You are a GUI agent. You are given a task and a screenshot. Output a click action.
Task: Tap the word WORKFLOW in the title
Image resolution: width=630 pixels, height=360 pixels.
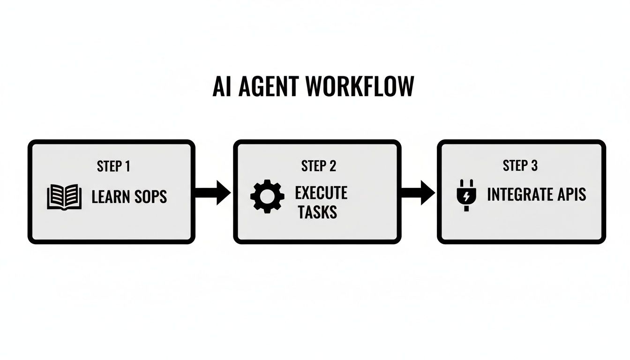point(360,86)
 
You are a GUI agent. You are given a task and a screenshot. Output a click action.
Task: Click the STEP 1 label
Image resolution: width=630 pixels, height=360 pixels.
point(113,166)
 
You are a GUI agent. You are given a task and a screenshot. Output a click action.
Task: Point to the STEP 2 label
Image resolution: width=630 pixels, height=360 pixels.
point(318,166)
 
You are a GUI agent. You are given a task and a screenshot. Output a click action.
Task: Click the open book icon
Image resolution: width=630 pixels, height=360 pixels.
point(65,197)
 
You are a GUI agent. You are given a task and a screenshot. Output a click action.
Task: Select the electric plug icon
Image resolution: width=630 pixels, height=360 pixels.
point(465,195)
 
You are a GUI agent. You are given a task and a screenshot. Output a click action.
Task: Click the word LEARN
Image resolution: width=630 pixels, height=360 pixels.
point(111,197)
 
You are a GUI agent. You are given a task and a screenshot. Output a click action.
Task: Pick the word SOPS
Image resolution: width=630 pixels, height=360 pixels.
point(151,197)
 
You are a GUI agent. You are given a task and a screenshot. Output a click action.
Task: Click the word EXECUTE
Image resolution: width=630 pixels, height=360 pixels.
point(321,193)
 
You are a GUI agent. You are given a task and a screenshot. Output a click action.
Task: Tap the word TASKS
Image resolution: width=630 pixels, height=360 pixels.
point(318,212)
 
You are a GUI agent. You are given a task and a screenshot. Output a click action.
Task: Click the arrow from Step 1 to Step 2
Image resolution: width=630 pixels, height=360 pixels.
point(213,192)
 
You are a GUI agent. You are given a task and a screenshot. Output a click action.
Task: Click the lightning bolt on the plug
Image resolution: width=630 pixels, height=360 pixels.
point(465,196)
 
